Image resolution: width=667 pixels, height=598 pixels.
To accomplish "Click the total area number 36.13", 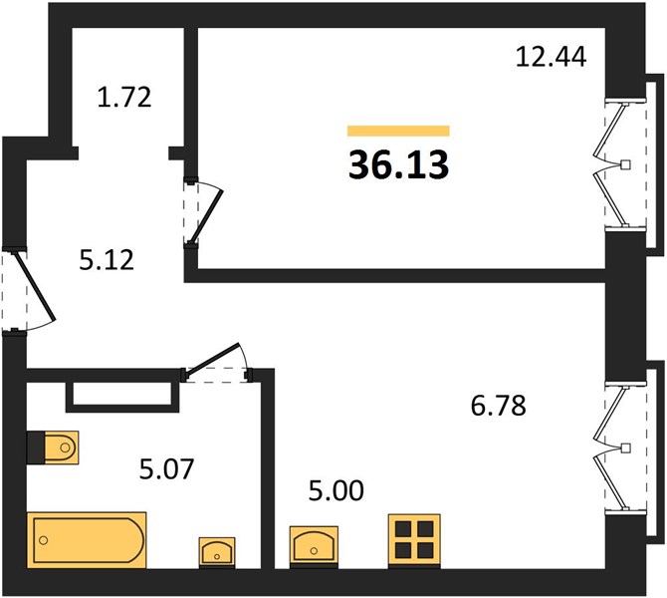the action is point(398,164).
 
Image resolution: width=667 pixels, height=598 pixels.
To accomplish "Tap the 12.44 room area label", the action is point(551,57).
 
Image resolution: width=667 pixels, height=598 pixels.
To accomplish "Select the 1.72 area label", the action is point(124,97).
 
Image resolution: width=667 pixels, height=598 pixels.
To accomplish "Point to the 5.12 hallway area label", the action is point(107,260).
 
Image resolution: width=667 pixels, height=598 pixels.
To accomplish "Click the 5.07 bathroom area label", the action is point(166,468).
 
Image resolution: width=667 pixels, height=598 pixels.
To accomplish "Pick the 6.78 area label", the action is point(499,405).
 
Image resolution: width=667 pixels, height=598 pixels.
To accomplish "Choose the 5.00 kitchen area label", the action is point(336,490).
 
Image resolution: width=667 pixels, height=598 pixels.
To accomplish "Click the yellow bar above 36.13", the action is point(398,131).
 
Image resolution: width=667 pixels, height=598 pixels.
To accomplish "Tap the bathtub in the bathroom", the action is point(87,540).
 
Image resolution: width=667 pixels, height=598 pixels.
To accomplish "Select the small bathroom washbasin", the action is point(217,552).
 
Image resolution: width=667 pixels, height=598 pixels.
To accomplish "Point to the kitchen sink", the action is point(314,546).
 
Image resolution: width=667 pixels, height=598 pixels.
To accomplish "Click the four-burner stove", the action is point(414,540).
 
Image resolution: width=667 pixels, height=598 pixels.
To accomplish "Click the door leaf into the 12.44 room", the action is point(206,217).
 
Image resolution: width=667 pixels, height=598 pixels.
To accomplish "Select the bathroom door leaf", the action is point(212,358).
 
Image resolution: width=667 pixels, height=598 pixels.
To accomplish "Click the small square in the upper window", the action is point(626,164).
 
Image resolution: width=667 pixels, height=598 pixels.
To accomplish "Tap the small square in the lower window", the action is point(626,448).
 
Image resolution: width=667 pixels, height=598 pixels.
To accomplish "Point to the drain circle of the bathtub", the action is point(43,540).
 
